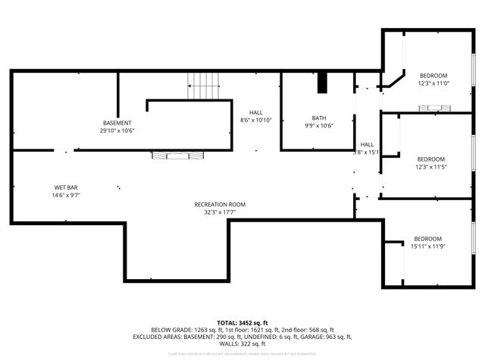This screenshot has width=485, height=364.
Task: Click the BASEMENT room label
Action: point(117,123)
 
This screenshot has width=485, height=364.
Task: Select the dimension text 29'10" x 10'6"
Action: point(117,130)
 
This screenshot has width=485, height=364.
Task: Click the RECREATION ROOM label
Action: point(220,204)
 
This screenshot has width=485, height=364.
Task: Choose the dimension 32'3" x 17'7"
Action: point(220,212)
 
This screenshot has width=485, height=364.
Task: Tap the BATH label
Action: point(318,118)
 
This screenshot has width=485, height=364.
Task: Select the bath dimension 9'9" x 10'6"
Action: point(318,126)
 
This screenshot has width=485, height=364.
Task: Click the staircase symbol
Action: point(204,86)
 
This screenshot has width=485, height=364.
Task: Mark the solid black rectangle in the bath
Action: point(323,82)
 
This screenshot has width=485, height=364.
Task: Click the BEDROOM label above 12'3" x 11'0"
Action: point(433,75)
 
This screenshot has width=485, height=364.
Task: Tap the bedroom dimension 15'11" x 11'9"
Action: point(427,246)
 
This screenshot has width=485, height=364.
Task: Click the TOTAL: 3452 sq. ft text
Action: point(242,322)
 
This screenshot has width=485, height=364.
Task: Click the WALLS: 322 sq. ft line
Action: point(242,344)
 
